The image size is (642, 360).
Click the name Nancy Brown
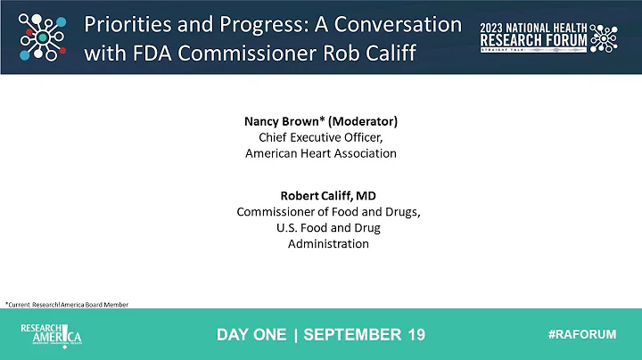(x=280, y=120)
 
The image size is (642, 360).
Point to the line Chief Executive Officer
(x=321, y=136)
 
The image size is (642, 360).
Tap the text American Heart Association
(x=321, y=153)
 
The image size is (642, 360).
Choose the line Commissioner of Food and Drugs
(x=327, y=211)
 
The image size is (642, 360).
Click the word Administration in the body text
(x=327, y=244)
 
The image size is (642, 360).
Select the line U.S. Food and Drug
(x=327, y=227)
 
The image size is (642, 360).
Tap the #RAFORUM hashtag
(x=581, y=334)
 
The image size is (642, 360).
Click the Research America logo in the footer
(x=52, y=335)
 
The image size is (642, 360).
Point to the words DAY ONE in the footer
(x=251, y=335)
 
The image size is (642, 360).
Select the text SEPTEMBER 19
(x=365, y=335)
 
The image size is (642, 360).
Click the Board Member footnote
(x=66, y=305)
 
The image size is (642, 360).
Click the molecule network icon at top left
(x=40, y=37)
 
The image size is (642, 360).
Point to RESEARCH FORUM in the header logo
(x=532, y=41)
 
